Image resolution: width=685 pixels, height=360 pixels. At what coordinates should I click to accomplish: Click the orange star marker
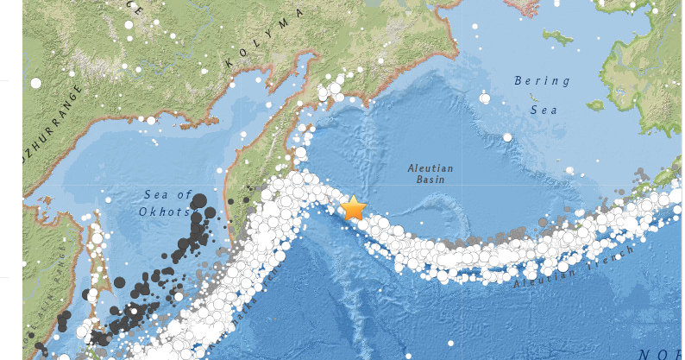click(354, 208)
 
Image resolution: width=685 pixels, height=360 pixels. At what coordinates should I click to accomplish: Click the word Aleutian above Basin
click(430, 169)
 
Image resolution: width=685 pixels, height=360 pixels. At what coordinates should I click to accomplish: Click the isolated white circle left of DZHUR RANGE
click(35, 83)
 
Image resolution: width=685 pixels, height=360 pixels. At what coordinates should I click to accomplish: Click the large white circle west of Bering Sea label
click(485, 98)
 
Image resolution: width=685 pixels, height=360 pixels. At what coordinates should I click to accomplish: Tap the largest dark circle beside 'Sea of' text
click(199, 201)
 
